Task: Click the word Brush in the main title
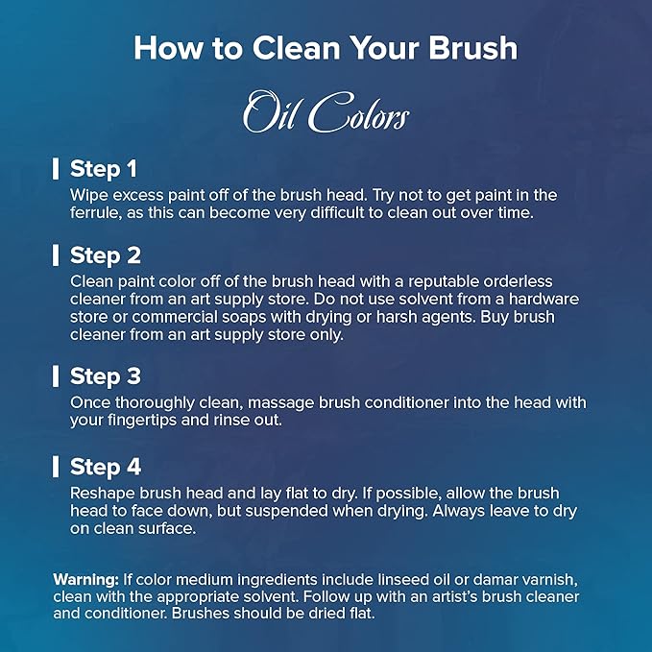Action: pos(473,48)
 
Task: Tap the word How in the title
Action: pos(168,48)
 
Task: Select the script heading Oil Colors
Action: pos(326,111)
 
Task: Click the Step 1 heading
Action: pos(104,169)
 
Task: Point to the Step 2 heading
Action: pos(106,255)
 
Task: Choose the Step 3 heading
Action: pos(106,376)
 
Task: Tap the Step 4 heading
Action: pos(106,467)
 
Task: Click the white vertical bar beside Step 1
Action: pos(56,169)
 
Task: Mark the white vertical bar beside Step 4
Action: pos(56,467)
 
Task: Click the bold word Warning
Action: pos(86,580)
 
